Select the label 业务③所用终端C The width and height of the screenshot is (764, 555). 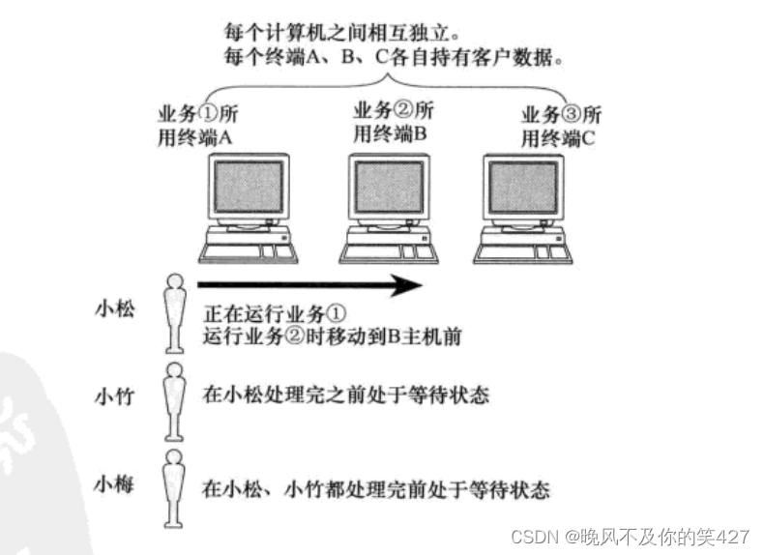[x=561, y=128]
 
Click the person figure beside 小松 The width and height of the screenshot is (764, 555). [x=174, y=311]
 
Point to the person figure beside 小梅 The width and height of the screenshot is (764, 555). [x=174, y=482]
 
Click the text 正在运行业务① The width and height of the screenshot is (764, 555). [x=275, y=315]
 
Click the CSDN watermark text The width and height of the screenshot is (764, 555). [x=630, y=536]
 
